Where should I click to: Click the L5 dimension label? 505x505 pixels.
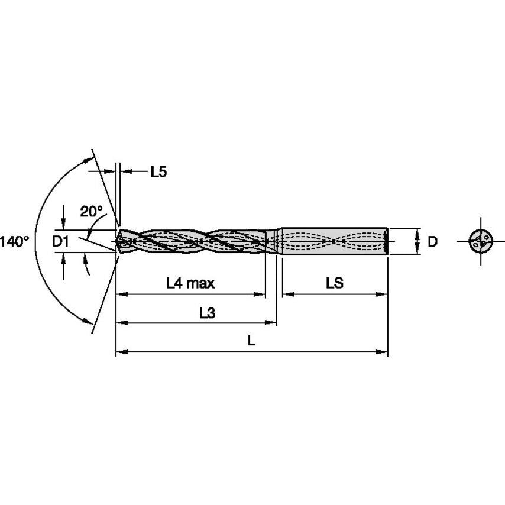[158, 172]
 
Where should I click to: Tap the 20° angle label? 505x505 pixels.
[92, 211]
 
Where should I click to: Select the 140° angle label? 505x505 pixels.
[14, 241]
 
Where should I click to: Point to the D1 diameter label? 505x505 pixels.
[61, 241]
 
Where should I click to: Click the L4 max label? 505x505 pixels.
[190, 283]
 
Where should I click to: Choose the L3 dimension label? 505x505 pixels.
[206, 313]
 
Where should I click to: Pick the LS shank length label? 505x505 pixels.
[334, 283]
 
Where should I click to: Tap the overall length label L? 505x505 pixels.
[251, 341]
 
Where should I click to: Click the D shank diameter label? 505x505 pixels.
[433, 241]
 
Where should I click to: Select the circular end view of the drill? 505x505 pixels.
[480, 241]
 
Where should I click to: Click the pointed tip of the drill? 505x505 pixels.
[118, 241]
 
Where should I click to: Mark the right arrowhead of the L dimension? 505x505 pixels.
[384, 352]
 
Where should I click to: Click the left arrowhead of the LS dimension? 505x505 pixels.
[286, 293]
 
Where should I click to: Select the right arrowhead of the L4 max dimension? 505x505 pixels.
[261, 293]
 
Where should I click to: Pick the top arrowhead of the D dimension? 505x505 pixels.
[418, 231]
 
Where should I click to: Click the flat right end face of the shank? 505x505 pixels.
[387, 241]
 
